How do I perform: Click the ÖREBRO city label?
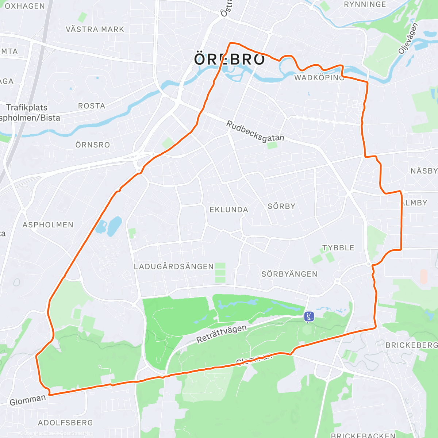click(230, 59)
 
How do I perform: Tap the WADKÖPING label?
click(319, 78)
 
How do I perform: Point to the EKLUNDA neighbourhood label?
click(229, 210)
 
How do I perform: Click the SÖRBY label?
click(281, 206)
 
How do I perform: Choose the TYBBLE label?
click(338, 248)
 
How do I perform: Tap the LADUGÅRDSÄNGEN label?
click(174, 267)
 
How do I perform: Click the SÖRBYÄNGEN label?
click(289, 274)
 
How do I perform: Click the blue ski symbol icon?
click(309, 316)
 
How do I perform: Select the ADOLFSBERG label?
click(66, 423)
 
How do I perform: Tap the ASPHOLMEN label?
click(48, 225)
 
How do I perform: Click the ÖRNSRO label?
click(93, 145)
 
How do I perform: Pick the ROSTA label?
click(92, 106)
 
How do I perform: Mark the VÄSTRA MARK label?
click(95, 29)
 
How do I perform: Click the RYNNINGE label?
click(365, 5)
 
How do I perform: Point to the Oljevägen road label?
click(408, 39)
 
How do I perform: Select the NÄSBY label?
click(424, 171)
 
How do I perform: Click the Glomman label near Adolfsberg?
click(28, 400)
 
